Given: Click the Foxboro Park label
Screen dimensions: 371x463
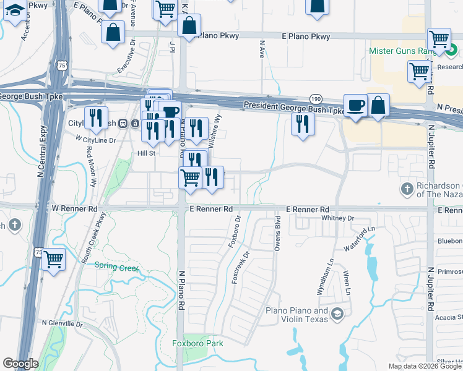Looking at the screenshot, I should tap(197, 343).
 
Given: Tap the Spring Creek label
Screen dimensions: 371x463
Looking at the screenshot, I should tap(117, 267).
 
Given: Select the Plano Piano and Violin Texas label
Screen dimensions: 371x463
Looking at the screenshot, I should tap(296, 315).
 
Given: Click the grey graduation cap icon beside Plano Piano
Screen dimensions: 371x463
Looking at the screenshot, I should tap(337, 315).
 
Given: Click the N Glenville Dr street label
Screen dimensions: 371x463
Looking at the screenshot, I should tap(62, 323).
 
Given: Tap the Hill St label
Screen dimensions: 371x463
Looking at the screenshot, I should tap(146, 153).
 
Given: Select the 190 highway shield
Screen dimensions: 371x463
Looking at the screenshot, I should tap(316, 98).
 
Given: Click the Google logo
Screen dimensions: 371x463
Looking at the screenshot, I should tap(20, 364).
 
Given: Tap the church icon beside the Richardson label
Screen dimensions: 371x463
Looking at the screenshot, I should tap(407, 188).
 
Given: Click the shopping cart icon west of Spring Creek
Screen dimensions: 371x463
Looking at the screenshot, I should tap(54, 260).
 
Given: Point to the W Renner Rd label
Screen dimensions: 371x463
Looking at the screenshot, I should tap(76, 209).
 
